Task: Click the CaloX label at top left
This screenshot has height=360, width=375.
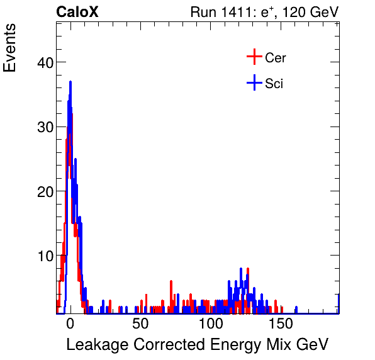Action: (x=77, y=12)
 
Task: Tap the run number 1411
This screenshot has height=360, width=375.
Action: (x=239, y=12)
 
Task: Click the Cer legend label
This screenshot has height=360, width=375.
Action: (x=276, y=58)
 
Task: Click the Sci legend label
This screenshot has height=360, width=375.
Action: (x=274, y=84)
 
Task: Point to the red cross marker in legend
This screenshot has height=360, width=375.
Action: (x=254, y=57)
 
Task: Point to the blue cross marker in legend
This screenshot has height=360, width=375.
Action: (x=254, y=83)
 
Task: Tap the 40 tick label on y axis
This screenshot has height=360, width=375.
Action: (x=43, y=62)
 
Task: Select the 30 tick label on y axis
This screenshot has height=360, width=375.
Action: (x=43, y=127)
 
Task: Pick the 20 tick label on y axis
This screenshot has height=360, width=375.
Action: (x=43, y=191)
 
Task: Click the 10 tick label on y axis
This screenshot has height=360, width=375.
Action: (x=43, y=256)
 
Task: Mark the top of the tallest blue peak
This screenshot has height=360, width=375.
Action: (x=70, y=82)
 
